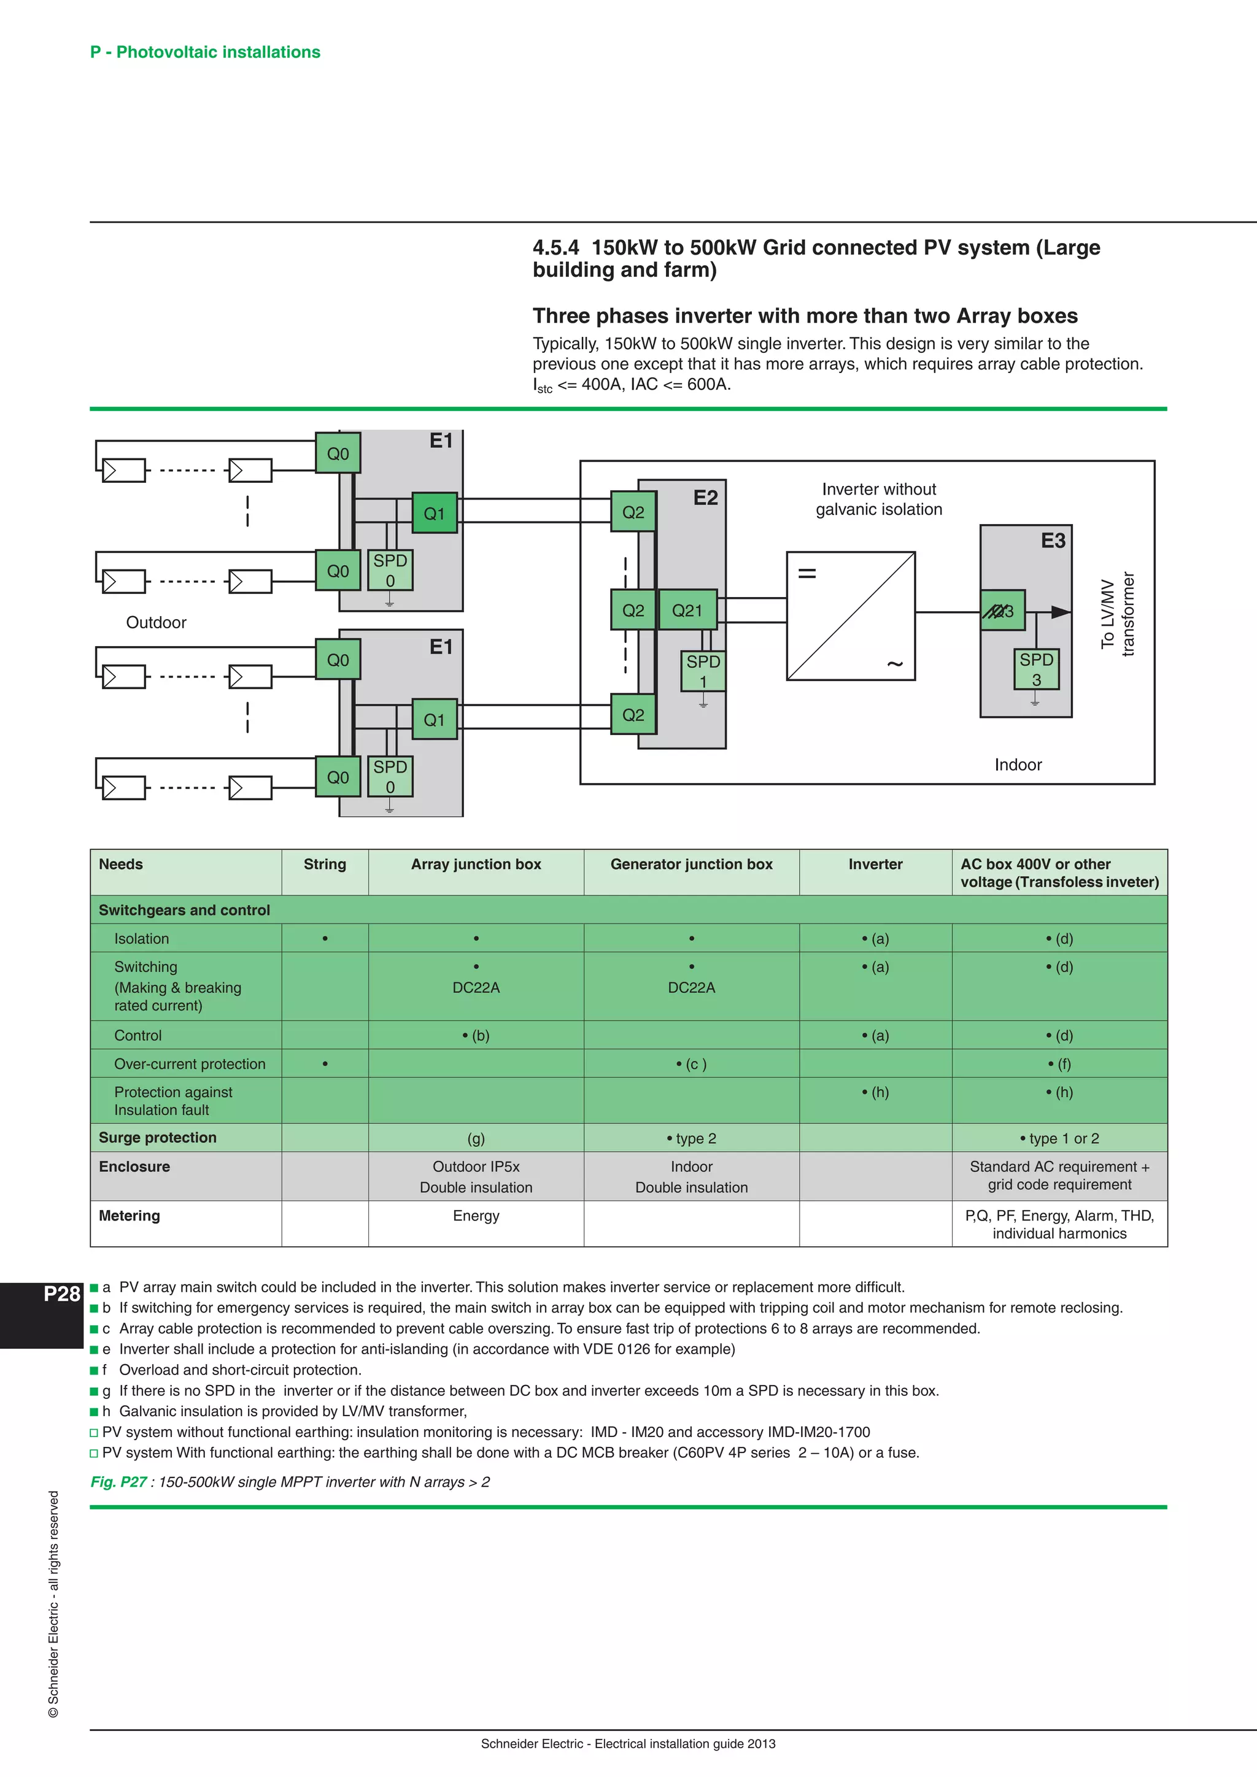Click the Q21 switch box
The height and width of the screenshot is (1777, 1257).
(687, 611)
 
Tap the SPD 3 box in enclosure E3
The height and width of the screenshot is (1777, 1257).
(1037, 669)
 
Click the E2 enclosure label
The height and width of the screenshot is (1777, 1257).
(705, 498)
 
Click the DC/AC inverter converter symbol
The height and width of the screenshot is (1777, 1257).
(851, 616)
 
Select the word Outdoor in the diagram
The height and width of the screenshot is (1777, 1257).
(157, 623)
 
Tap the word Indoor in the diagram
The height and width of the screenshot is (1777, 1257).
(1018, 765)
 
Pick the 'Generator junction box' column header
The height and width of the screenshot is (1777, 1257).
(691, 865)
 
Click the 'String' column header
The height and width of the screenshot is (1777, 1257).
(324, 865)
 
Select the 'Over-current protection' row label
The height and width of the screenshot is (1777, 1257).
(190, 1064)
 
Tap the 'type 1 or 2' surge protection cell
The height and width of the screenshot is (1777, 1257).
(1059, 1138)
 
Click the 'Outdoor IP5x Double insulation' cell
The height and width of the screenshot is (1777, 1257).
(476, 1176)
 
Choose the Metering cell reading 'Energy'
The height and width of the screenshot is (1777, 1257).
(476, 1216)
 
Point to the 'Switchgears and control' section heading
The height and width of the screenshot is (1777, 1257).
(184, 910)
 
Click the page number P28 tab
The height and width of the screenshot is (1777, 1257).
(62, 1294)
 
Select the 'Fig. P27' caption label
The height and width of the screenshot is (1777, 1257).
(118, 1482)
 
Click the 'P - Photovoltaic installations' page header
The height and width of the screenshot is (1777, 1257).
(205, 52)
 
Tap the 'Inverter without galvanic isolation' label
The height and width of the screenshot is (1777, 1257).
(878, 499)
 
